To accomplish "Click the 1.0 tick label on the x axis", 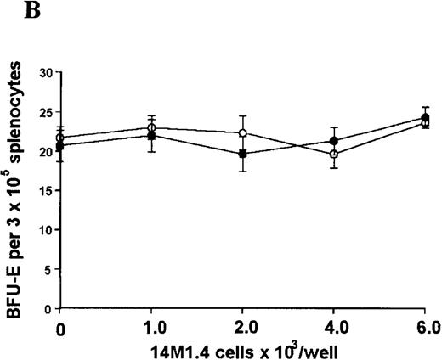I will coord(150,327).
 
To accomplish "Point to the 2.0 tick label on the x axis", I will coord(242,327).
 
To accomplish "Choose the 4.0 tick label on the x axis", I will coord(334,327).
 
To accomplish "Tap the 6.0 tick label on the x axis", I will coord(424,327).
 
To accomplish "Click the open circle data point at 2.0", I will coord(243,133).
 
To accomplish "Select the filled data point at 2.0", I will coord(243,155).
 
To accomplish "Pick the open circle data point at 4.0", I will coord(334,155).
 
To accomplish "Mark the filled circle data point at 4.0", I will coord(334,141).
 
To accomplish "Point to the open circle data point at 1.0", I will coord(151,128).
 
